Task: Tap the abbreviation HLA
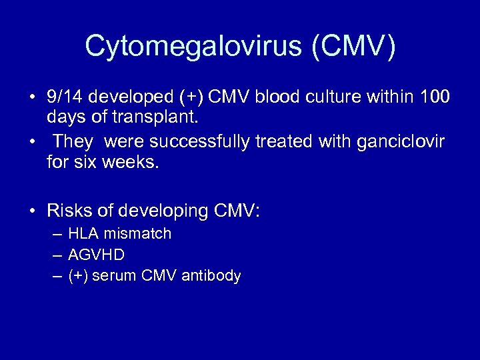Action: pos(83,233)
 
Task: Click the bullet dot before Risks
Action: pos(32,212)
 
